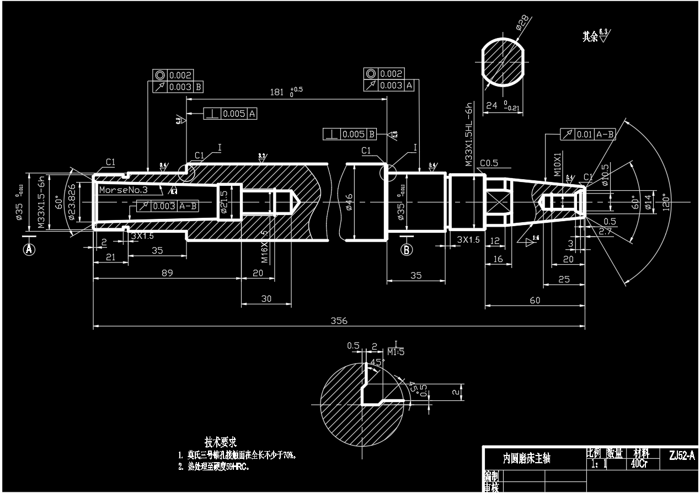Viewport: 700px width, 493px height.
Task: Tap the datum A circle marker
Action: (x=29, y=249)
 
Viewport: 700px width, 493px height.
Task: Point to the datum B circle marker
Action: (x=407, y=249)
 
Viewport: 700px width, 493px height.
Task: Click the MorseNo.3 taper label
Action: (x=124, y=190)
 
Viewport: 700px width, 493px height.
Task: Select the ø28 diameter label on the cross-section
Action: (x=521, y=23)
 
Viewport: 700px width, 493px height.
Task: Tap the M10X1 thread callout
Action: (x=558, y=163)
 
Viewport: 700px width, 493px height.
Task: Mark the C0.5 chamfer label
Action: (x=489, y=163)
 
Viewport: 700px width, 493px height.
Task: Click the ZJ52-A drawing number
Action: (x=682, y=456)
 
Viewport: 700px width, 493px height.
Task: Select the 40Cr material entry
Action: (x=639, y=463)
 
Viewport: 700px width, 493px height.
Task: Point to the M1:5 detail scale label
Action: (x=396, y=352)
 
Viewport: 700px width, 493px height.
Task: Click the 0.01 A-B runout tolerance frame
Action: (x=588, y=134)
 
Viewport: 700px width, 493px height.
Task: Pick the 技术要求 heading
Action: (x=221, y=442)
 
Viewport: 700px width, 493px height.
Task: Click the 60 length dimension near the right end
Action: (x=535, y=300)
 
